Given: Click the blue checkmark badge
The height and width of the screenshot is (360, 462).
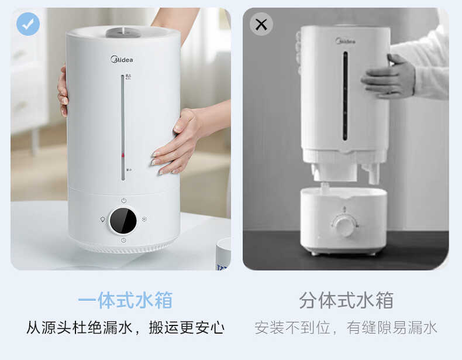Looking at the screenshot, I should pos(27,24).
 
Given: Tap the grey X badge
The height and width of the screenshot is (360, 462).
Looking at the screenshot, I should pos(261,24).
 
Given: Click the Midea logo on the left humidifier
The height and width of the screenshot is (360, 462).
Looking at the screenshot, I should pos(122,59).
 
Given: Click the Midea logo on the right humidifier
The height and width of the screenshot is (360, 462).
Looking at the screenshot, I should pos(344,41).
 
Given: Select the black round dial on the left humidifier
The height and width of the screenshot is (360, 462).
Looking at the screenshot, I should pos(123,221).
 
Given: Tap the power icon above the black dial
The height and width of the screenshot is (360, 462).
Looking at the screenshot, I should pos(123,200).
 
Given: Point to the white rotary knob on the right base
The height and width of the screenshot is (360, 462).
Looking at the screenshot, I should pos(344,225).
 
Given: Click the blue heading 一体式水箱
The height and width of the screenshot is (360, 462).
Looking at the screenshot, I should pos(125,300).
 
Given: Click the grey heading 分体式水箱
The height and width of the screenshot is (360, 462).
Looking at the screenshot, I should pos(346,300).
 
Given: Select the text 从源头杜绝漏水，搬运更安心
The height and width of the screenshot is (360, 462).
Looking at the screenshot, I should pos(125,327).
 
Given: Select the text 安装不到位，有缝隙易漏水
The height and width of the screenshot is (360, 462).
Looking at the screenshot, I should pos(346,327).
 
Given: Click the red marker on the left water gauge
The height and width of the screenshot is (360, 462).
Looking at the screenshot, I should pos(123,155).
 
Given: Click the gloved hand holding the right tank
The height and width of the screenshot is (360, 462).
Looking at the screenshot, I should pos(388,76).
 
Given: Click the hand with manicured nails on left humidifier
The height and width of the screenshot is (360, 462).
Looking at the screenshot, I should pos(178,140).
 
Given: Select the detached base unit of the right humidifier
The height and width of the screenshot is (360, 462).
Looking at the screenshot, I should pos(343,220).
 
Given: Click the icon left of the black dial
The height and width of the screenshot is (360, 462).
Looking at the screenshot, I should pos(102,220).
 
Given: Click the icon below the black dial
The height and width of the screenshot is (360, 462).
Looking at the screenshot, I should pos(123,240).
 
